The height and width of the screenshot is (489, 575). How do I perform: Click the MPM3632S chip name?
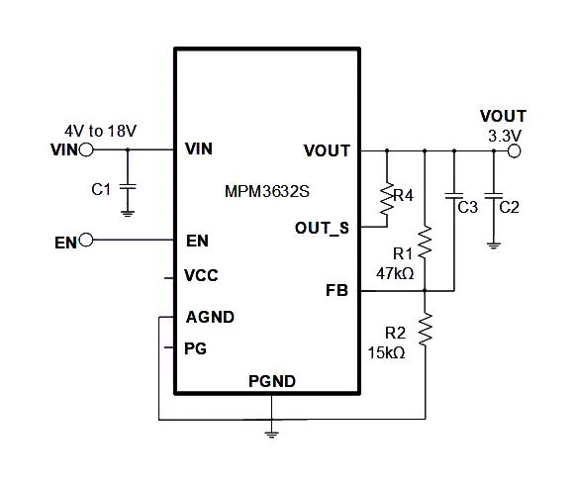(265, 193)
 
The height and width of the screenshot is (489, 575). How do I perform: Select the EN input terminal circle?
(86, 241)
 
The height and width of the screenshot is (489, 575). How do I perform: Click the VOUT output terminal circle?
(513, 151)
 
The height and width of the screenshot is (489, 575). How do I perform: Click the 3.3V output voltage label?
(506, 134)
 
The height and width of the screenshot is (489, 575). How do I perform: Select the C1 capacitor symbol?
(127, 188)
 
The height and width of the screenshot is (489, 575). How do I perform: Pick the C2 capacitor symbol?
(493, 206)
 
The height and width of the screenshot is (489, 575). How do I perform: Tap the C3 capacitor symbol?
(453, 206)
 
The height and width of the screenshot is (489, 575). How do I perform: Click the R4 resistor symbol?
(386, 197)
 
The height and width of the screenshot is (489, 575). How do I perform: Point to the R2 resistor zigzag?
(425, 329)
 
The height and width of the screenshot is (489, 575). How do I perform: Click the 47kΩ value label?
(394, 272)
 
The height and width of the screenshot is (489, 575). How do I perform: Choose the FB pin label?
(336, 291)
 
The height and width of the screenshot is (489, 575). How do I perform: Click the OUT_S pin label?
(322, 228)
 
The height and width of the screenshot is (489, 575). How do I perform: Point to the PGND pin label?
(271, 381)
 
